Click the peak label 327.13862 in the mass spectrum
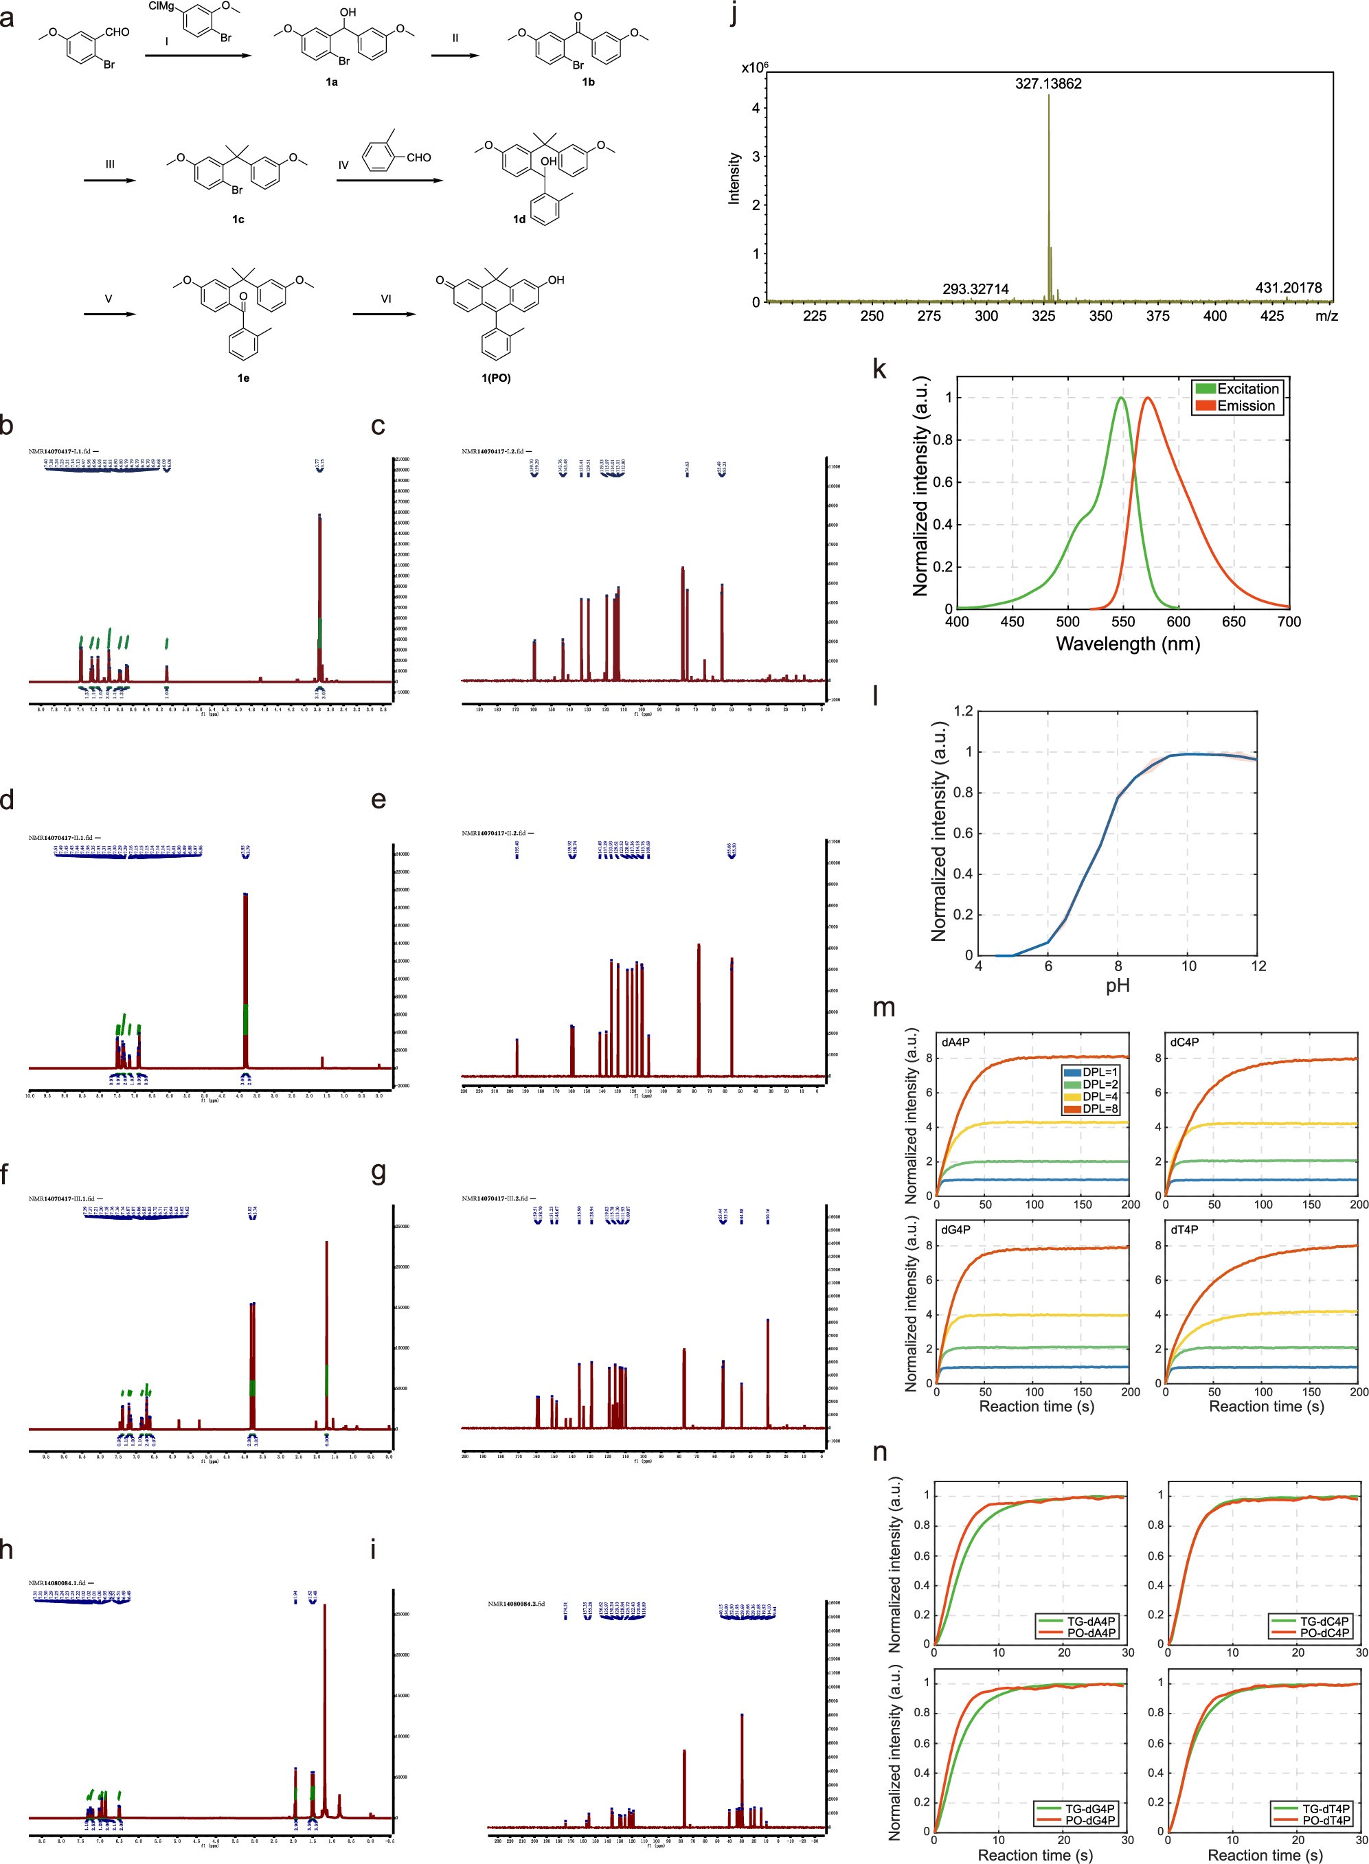point(1048,84)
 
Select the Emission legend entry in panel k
point(1245,406)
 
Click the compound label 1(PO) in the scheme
point(497,378)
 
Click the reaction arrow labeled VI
point(385,314)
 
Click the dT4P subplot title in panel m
point(1184,1230)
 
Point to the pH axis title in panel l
point(1117,986)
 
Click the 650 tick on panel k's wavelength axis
point(1234,622)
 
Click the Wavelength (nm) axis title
point(1127,644)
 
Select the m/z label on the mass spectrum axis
point(1326,317)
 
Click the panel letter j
point(734,15)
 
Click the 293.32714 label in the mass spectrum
point(975,289)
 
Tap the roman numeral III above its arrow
point(109,164)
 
